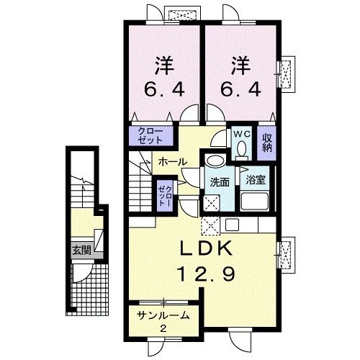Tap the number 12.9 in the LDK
click(204, 274)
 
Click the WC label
click(240, 134)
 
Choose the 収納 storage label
click(266, 142)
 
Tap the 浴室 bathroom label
click(255, 181)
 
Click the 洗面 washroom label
click(220, 181)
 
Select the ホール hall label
click(172, 163)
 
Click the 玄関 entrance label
click(80, 251)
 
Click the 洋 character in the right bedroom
click(240, 66)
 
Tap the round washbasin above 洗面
click(213, 162)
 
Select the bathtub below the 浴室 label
click(256, 201)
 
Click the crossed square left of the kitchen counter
click(212, 226)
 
